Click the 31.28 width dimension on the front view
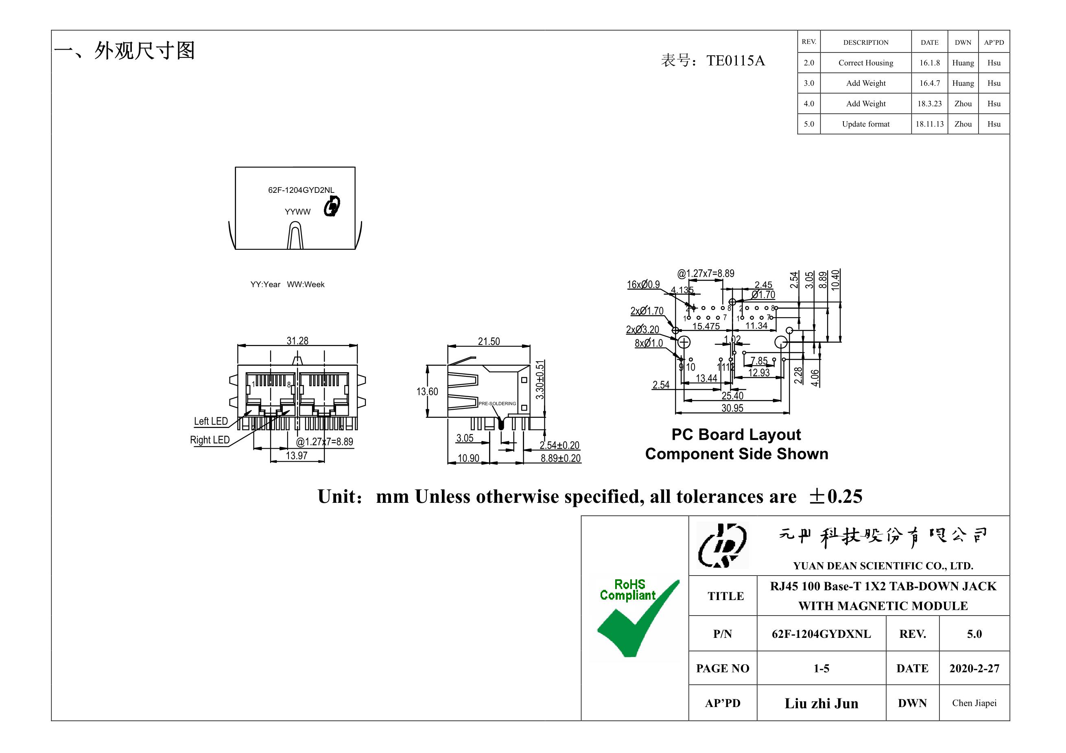pyautogui.click(x=297, y=341)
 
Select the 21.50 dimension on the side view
pyautogui.click(x=489, y=341)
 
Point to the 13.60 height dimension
pyautogui.click(x=427, y=391)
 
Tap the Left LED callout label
pyautogui.click(x=211, y=421)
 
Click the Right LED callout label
pyautogui.click(x=210, y=440)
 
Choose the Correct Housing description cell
pyautogui.click(x=865, y=63)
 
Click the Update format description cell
pyautogui.click(x=865, y=124)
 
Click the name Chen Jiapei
pyautogui.click(x=974, y=703)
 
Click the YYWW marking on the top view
pyautogui.click(x=297, y=212)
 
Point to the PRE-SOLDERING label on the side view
pyautogui.click(x=497, y=404)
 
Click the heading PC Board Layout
pyautogui.click(x=736, y=434)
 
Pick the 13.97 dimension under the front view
pyautogui.click(x=296, y=456)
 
